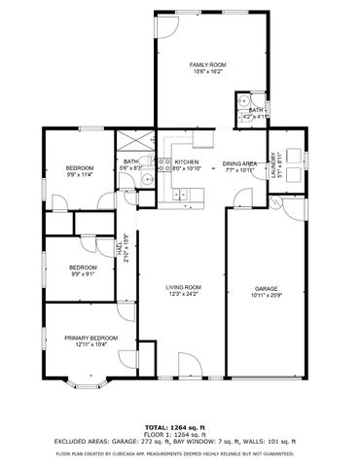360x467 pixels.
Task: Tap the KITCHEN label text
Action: click(187, 162)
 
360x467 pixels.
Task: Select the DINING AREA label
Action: click(238, 163)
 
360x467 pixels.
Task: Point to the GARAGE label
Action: click(266, 290)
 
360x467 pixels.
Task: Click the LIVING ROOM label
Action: click(183, 287)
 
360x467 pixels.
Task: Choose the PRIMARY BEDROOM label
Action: click(91, 338)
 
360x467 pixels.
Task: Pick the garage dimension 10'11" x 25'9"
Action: click(266, 297)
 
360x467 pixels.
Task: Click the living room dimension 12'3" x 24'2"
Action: click(183, 294)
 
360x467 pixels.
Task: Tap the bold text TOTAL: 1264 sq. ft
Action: click(180, 427)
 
